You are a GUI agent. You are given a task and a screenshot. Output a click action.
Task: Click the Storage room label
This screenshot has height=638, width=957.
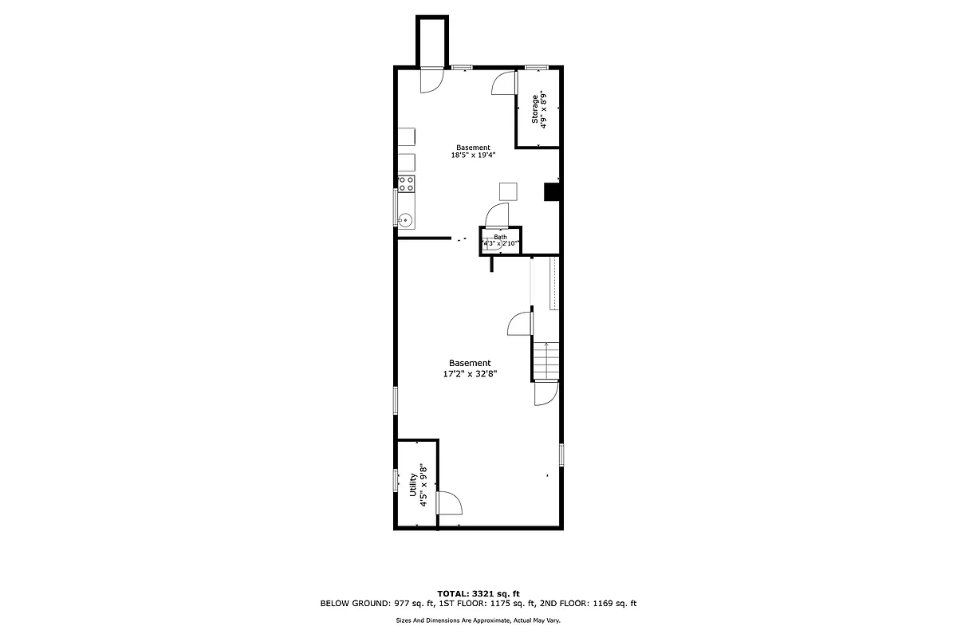click(x=535, y=108)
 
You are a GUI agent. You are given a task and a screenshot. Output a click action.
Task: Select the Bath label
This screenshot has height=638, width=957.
click(x=500, y=237)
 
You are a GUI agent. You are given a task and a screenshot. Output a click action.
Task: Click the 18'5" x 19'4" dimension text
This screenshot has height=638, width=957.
click(x=473, y=156)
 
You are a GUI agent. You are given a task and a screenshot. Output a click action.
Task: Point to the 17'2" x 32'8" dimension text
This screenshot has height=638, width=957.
click(x=470, y=372)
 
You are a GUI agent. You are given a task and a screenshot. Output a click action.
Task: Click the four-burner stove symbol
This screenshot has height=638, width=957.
click(x=406, y=184)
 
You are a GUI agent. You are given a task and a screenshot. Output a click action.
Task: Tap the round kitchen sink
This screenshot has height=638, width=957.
click(x=405, y=219)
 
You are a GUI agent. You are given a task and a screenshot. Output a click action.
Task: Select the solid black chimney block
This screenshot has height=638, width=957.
click(x=551, y=191)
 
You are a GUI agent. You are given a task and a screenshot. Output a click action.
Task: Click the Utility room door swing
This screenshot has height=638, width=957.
click(x=448, y=502)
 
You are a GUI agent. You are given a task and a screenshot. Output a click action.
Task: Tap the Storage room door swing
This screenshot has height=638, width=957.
click(x=503, y=83)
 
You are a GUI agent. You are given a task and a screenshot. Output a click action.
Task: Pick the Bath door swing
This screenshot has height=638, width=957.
click(x=496, y=215)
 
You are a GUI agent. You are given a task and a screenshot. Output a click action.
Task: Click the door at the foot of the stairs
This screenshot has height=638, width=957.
click(x=545, y=393)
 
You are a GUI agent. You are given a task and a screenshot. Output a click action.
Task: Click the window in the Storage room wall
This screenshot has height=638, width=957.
click(x=535, y=67)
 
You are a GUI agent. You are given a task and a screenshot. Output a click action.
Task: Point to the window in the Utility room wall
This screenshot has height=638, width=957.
click(x=395, y=480)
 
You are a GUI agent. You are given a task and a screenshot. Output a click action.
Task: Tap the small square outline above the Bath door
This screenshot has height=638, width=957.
click(x=508, y=191)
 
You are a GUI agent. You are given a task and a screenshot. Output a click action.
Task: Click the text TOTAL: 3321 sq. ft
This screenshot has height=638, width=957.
click(x=478, y=593)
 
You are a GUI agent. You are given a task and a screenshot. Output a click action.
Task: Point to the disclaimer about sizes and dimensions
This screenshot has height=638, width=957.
click(x=478, y=620)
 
